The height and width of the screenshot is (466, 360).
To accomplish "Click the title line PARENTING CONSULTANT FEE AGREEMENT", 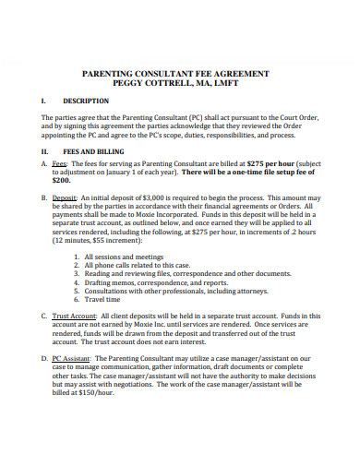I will (179, 70).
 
